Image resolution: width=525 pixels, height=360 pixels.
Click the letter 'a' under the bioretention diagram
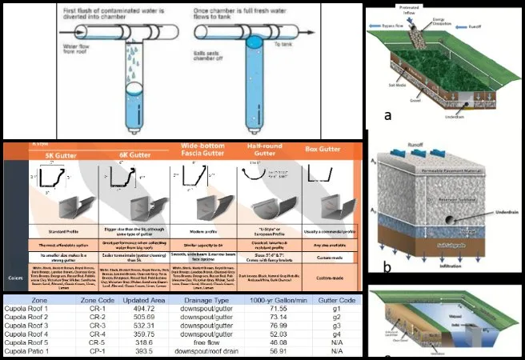coord(387,114)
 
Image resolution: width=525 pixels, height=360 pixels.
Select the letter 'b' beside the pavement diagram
coord(387,269)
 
